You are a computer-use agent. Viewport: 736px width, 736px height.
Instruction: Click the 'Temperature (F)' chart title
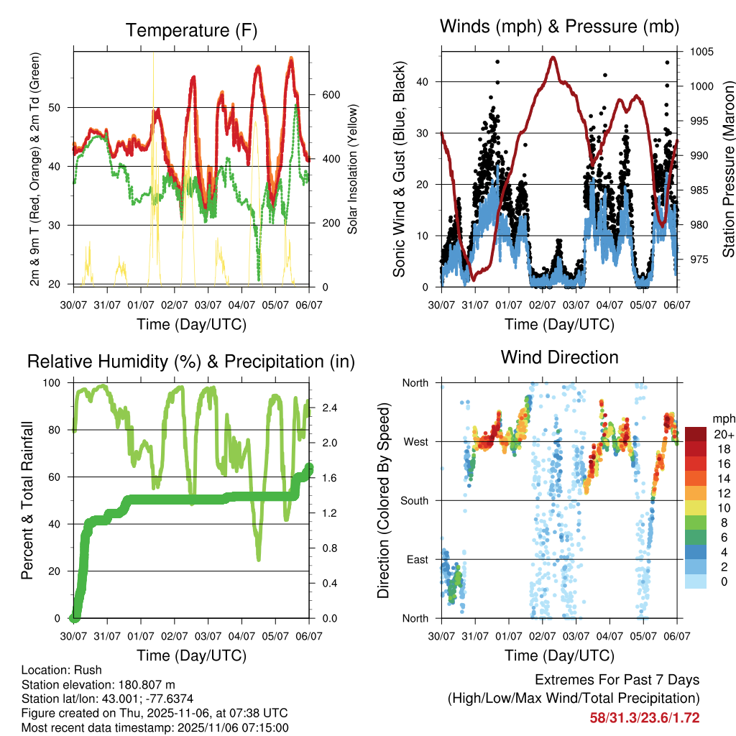191,31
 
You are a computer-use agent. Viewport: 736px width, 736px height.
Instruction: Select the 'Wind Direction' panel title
559,357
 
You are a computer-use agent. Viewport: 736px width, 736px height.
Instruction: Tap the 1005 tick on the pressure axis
700,52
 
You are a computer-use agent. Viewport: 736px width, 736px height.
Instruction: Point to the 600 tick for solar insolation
330,95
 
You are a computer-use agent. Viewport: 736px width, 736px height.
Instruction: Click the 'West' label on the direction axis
415,442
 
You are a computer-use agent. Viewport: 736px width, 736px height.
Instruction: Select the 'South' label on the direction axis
415,501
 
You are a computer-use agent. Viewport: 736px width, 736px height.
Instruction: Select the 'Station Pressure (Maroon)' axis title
727,170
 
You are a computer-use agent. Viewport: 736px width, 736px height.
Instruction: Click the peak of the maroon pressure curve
553,57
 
